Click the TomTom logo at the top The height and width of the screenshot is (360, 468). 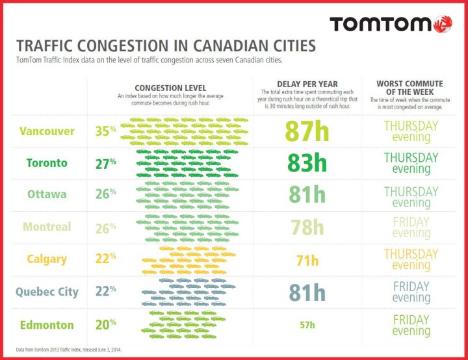[390, 23]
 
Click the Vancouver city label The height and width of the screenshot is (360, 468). [47, 131]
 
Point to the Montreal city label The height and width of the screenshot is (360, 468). [47, 227]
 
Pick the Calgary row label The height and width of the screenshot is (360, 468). [47, 259]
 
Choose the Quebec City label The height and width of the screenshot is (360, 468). [47, 292]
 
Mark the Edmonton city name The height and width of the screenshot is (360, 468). [46, 324]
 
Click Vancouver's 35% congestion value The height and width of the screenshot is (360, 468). [105, 131]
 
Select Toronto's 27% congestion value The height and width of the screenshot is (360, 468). [105, 163]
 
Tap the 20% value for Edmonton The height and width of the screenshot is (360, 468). [105, 324]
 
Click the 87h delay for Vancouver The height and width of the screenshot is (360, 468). [307, 131]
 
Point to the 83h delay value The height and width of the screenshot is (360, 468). [307, 163]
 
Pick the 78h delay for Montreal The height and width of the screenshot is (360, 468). [307, 227]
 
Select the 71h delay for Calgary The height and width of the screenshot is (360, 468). [307, 261]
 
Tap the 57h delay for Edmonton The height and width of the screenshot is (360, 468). [307, 325]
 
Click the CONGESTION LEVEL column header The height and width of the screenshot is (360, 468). [170, 88]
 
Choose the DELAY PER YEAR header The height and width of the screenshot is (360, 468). [307, 84]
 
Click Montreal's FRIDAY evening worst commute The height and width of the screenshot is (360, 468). [411, 227]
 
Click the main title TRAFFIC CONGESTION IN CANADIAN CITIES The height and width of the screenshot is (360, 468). [165, 46]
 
